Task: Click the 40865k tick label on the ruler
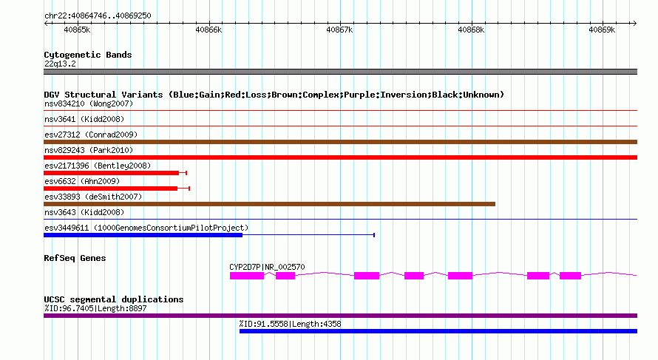click(x=77, y=30)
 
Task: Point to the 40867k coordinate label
click(x=339, y=30)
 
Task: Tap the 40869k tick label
click(x=602, y=30)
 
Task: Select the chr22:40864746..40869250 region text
click(x=98, y=16)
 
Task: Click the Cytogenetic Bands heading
click(x=88, y=55)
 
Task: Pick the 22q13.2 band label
click(x=60, y=64)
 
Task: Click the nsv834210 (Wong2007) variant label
click(x=89, y=103)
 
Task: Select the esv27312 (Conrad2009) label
click(x=91, y=135)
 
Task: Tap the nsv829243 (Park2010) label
click(x=89, y=150)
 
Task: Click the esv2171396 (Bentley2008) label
click(x=98, y=166)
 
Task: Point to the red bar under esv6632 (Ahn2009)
click(x=110, y=189)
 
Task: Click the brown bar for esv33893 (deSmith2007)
click(x=269, y=204)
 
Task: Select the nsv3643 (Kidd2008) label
click(x=84, y=212)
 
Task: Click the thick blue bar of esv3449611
click(x=143, y=235)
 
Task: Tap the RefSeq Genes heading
click(x=75, y=258)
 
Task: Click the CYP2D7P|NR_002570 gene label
click(x=267, y=267)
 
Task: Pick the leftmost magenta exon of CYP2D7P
click(x=247, y=276)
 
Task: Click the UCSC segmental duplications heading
click(x=114, y=299)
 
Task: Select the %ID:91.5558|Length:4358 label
click(x=290, y=324)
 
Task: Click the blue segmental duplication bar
click(x=438, y=331)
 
